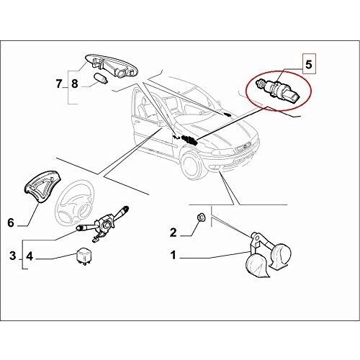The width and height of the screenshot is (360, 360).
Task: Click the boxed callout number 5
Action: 308,64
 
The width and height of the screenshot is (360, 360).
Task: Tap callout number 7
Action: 59,84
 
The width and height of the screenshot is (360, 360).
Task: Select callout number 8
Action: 75,84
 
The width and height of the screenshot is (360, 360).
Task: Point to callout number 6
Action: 11,222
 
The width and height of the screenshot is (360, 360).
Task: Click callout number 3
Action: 13,256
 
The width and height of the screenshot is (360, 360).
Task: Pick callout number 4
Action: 30,256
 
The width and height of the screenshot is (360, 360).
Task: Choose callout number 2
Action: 173,233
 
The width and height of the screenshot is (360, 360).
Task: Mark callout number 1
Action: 174,255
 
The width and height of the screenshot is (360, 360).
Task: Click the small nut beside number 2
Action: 200,217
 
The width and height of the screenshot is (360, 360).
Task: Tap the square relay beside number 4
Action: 84,257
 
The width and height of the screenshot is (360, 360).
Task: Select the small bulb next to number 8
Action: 102,78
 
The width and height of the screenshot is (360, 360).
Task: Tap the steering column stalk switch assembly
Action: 102,224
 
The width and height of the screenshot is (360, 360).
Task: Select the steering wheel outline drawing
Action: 73,200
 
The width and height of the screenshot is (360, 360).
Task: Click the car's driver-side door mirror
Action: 161,124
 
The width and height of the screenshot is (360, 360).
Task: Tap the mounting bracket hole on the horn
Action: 256,238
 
